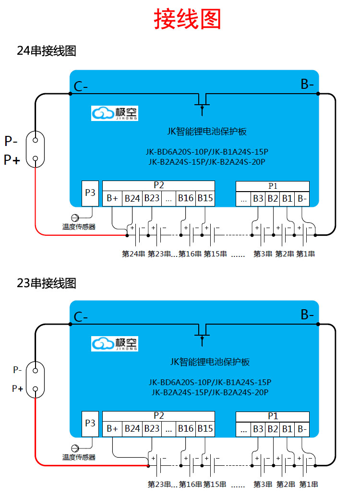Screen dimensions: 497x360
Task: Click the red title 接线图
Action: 187,20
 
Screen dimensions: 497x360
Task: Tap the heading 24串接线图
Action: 47,51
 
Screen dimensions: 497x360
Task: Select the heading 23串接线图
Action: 47,283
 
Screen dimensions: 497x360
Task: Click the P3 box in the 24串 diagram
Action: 90,193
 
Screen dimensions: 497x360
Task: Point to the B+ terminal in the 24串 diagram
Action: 113,198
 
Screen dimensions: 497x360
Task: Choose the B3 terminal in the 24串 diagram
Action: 258,198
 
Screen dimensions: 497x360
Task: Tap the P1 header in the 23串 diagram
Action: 273,416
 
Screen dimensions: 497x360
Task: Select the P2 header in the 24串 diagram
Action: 159,185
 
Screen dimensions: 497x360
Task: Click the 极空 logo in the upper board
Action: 115,113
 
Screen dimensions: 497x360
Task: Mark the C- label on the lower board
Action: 81,317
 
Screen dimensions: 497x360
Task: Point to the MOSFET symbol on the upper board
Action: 202,103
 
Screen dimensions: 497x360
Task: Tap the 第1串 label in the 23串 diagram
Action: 309,484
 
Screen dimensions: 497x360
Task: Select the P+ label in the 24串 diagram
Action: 12,160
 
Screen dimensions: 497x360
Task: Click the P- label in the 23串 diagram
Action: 17,370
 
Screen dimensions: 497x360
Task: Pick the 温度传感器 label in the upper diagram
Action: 79,227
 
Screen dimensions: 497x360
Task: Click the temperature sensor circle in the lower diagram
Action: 75,448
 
